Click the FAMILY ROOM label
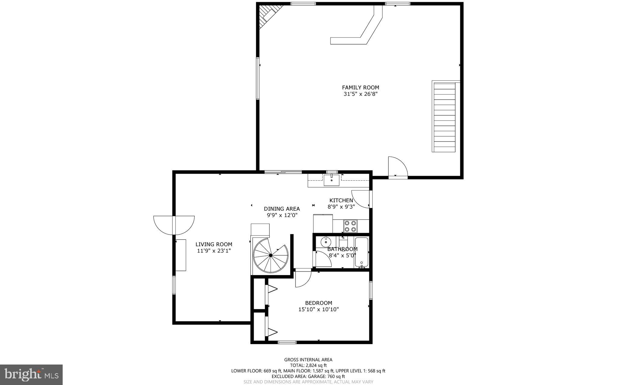[360, 88]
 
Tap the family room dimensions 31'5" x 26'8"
[360, 94]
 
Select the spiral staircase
[271, 256]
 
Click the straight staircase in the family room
[444, 117]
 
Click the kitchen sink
[331, 180]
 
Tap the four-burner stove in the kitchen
[350, 226]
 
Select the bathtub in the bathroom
[361, 252]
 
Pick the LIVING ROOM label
[214, 244]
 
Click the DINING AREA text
[282, 209]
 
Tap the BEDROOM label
[318, 303]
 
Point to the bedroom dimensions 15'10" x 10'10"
[318, 309]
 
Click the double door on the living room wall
[174, 225]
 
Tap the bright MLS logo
[31, 374]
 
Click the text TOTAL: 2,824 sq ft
[308, 365]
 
